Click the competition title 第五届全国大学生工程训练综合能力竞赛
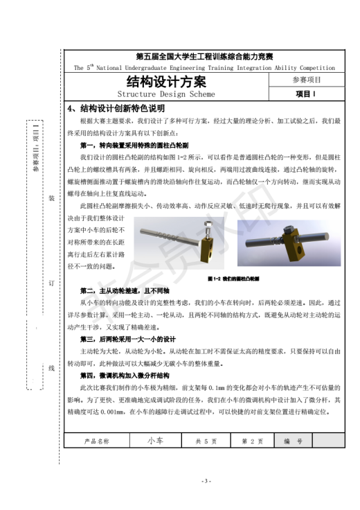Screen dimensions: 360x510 pos(204,56)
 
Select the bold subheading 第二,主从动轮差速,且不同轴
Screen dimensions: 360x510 pos(129,291)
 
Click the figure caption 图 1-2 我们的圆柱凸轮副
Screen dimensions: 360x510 pos(233,279)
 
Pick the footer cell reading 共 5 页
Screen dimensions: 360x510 pos(206,440)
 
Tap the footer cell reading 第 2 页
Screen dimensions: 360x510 pos(252,440)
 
